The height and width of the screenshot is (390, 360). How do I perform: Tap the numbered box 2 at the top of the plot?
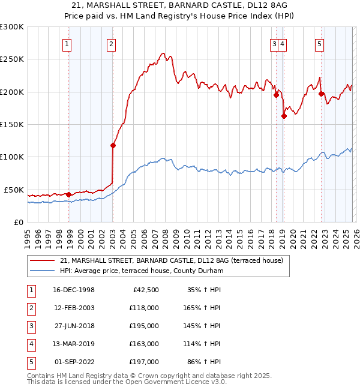point(112,43)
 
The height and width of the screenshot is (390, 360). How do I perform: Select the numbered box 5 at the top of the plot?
point(319,43)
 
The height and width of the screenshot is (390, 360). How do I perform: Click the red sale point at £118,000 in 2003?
point(113,145)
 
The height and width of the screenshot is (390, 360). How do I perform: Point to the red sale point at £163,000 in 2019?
point(284,116)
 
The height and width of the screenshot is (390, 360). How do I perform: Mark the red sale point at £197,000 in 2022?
point(321,94)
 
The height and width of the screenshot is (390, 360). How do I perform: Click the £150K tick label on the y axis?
point(12,125)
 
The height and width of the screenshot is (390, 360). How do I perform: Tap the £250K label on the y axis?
point(12,59)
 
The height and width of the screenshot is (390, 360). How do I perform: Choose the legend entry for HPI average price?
point(141,271)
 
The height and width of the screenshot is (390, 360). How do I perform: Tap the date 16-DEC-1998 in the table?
point(74,290)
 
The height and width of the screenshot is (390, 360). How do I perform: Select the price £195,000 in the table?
point(144,326)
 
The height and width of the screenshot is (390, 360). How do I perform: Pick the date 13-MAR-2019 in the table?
point(74,344)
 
